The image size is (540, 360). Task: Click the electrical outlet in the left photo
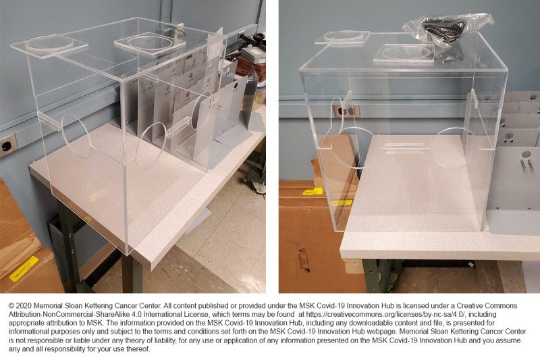point(7,145)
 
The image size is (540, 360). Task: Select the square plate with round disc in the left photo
point(149,43)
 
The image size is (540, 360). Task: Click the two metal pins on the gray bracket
point(526,161)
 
